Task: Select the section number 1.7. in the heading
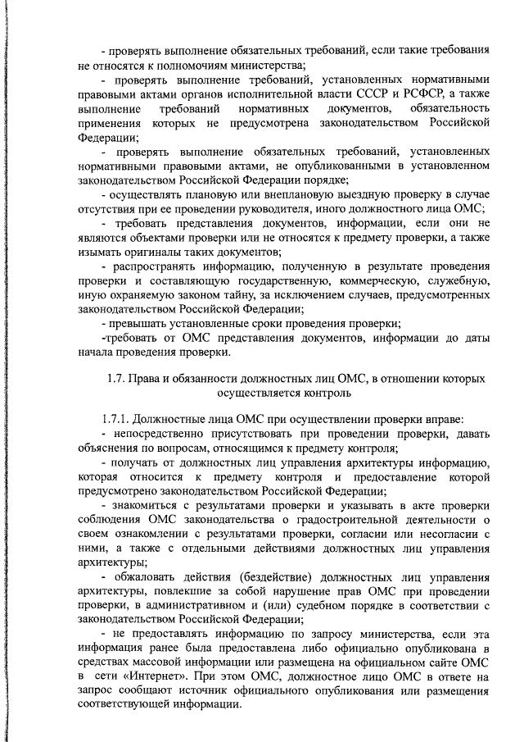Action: pyautogui.click(x=117, y=378)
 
